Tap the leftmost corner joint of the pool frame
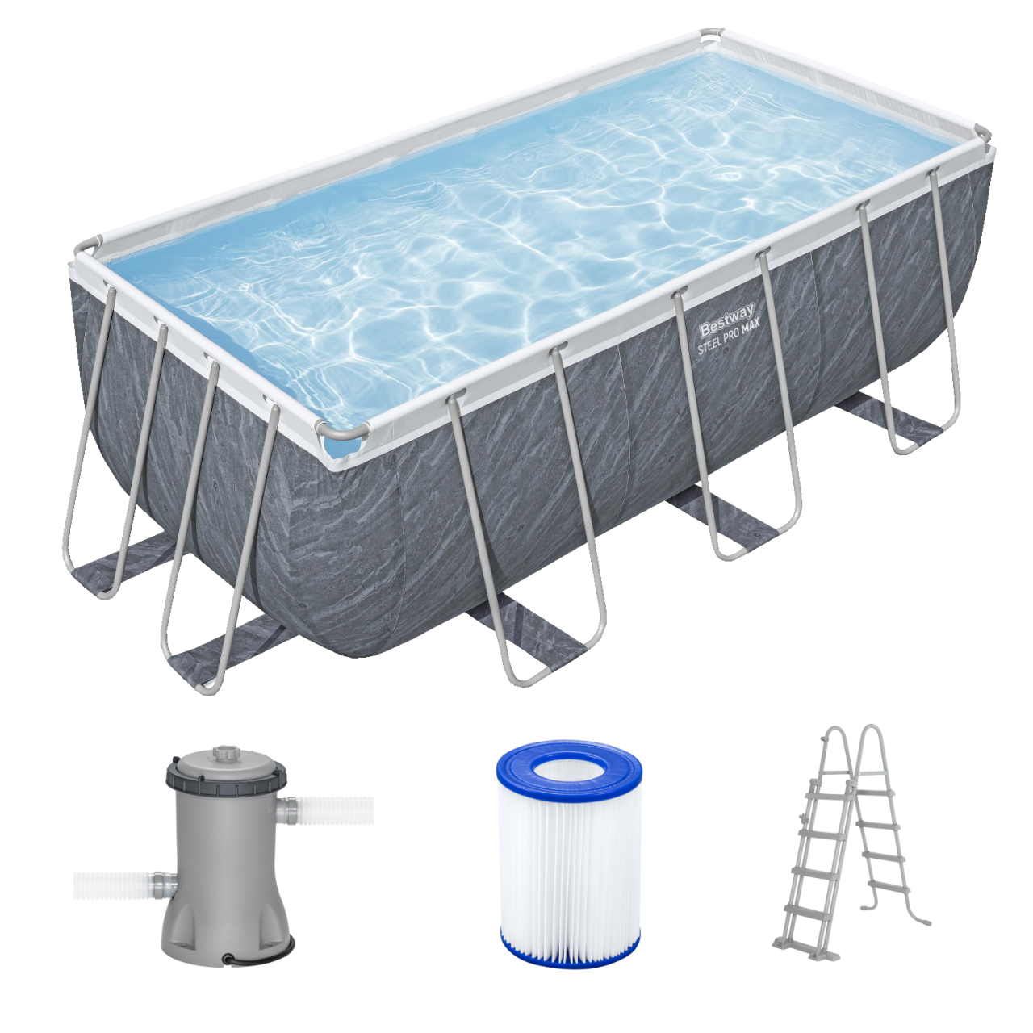89,245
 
